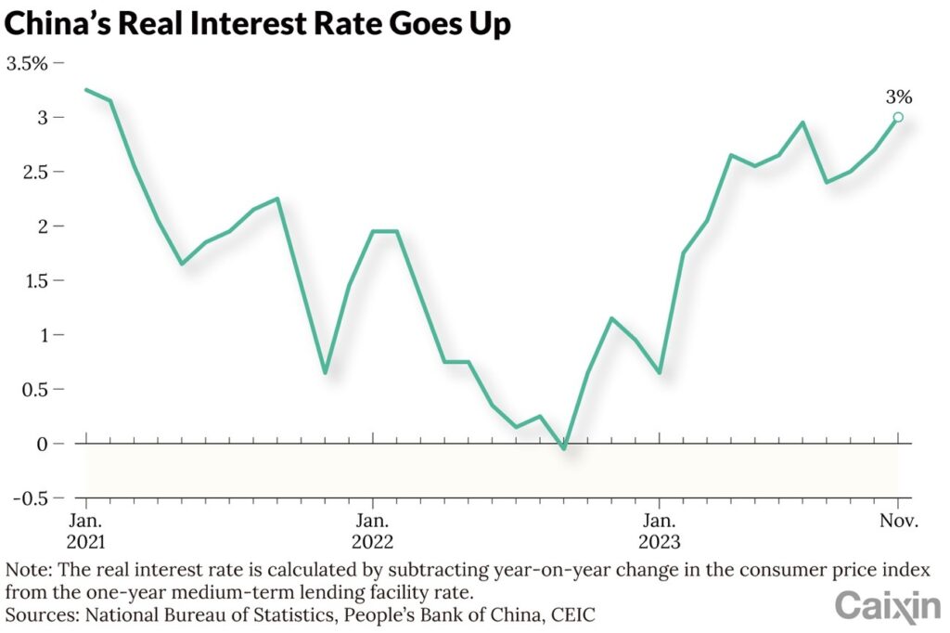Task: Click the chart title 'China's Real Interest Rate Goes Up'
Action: click(257, 23)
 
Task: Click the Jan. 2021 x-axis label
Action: click(87, 531)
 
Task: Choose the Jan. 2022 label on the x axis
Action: click(372, 531)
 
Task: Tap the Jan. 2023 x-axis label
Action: click(659, 531)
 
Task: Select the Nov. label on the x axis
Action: click(898, 521)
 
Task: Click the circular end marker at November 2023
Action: click(898, 117)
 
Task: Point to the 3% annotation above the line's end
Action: click(898, 97)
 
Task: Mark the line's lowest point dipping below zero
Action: click(563, 448)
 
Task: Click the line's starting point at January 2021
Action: click(86, 90)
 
